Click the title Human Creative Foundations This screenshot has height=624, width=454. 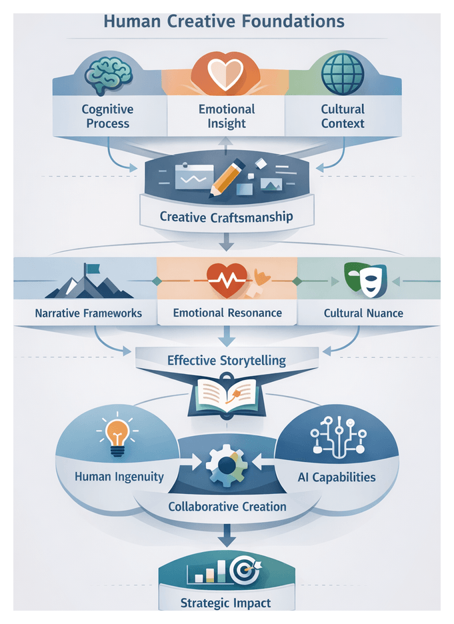(224, 21)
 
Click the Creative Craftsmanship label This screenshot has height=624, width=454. (227, 217)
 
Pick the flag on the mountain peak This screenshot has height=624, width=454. (91, 269)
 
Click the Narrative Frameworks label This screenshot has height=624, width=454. (89, 313)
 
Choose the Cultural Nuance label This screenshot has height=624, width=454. (363, 313)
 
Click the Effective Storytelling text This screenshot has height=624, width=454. (227, 361)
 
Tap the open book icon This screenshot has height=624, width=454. (227, 396)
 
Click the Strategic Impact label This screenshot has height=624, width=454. (227, 604)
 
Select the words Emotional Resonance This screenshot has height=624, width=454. (227, 313)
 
